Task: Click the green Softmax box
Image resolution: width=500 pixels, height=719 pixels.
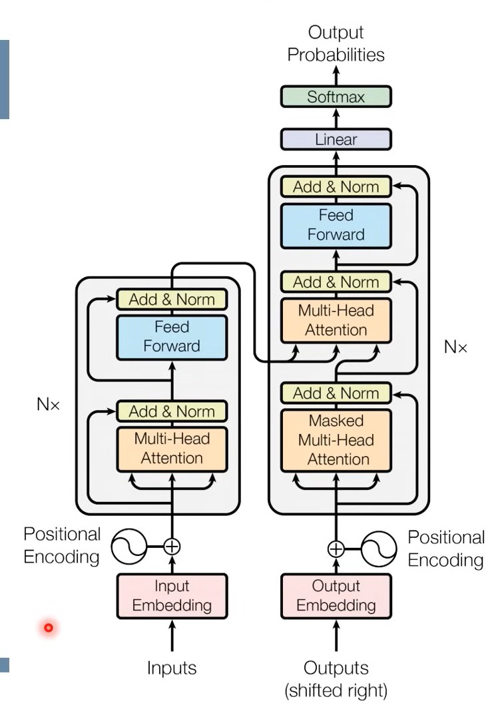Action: (336, 97)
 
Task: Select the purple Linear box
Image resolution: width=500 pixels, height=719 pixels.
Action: (336, 140)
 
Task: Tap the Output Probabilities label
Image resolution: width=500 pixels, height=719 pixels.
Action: (336, 44)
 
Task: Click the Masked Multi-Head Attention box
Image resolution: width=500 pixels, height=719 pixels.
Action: (336, 440)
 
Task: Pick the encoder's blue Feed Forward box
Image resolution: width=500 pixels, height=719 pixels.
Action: (172, 337)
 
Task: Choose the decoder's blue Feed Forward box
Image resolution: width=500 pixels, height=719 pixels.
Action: (336, 225)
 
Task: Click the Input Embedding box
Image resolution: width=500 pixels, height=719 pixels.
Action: (172, 596)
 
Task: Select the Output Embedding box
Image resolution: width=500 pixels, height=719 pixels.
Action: (336, 596)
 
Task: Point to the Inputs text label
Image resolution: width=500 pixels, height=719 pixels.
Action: (172, 668)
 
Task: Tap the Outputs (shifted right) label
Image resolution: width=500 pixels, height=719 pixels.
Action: (336, 678)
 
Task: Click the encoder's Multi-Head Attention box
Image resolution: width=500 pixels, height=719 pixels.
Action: (172, 448)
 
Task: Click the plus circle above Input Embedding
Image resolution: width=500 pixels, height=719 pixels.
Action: (172, 547)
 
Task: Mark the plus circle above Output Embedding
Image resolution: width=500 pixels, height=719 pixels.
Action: (336, 548)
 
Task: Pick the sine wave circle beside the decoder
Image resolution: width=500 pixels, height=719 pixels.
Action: (379, 548)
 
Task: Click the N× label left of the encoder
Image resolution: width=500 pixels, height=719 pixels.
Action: (48, 404)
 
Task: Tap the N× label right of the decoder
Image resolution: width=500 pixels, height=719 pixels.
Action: (456, 348)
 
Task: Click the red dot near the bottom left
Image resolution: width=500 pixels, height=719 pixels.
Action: (48, 627)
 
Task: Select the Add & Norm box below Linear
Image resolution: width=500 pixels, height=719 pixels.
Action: (336, 187)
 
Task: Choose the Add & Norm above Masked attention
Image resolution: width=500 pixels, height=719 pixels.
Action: (336, 393)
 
